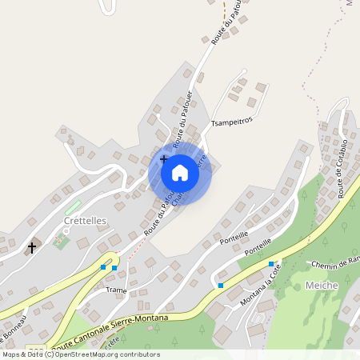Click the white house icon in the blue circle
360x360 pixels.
tap(180, 173)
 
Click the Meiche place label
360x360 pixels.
tap(322, 286)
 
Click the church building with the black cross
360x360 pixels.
tap(32, 247)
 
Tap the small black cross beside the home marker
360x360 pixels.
tap(163, 159)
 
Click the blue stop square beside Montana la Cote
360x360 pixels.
tap(271, 264)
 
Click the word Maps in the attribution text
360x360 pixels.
tap(11, 354)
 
